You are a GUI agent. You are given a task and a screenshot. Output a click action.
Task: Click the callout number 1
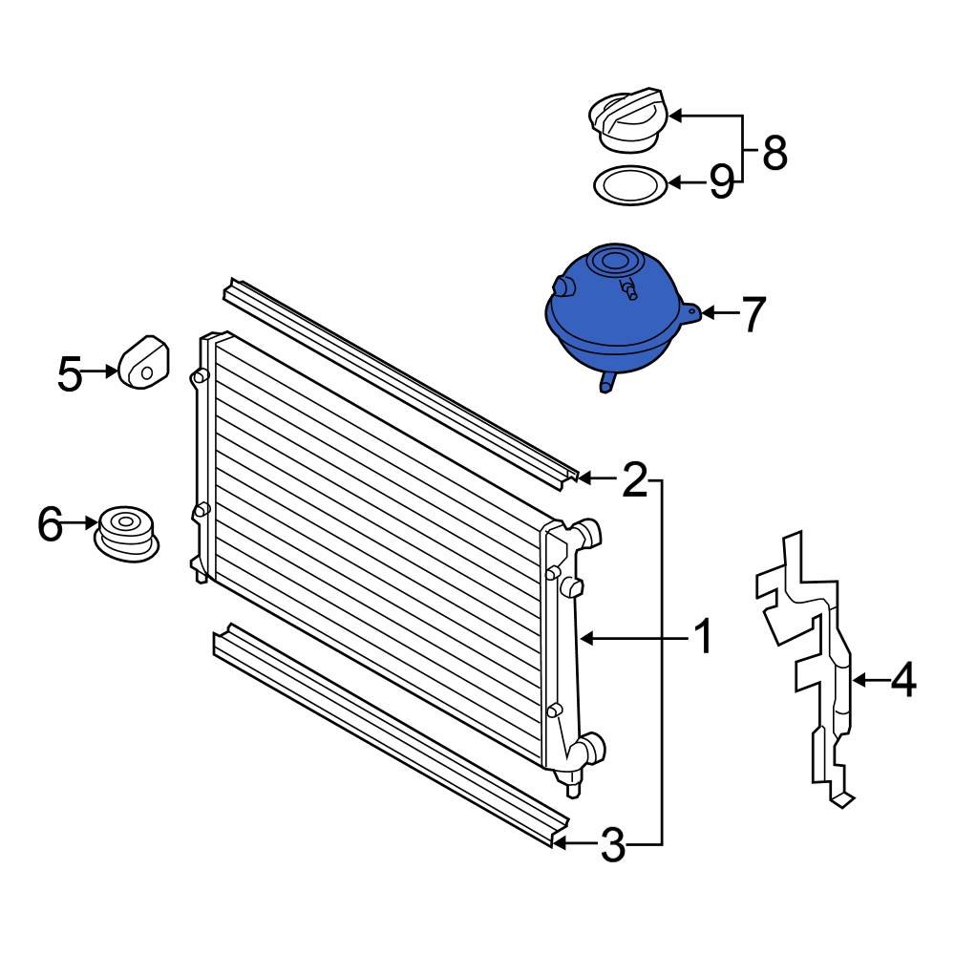click(x=702, y=637)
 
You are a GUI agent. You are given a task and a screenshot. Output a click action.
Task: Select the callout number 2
click(x=634, y=481)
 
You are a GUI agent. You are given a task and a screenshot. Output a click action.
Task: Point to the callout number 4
click(x=902, y=681)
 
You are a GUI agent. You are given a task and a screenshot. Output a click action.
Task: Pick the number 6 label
click(x=50, y=523)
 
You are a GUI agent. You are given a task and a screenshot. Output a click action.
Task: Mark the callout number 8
click(x=775, y=152)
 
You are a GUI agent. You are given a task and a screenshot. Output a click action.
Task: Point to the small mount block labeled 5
click(x=142, y=363)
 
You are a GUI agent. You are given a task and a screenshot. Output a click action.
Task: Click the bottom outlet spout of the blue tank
click(x=605, y=383)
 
